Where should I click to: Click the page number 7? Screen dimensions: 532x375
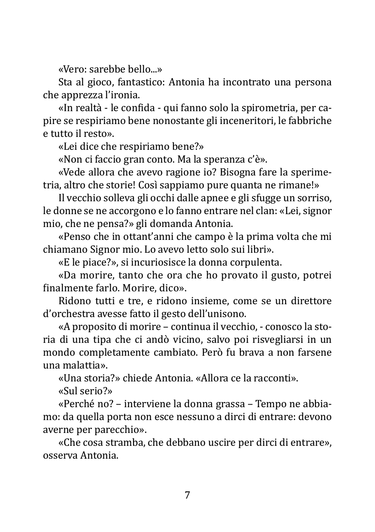point(187,495)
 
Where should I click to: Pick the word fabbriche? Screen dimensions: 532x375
point(311,121)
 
